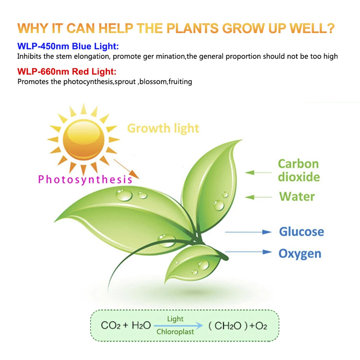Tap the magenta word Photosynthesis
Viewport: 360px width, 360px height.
(x=85, y=180)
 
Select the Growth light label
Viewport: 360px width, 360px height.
(x=163, y=129)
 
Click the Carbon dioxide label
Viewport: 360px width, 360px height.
(x=299, y=170)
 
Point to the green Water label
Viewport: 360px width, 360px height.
(x=297, y=197)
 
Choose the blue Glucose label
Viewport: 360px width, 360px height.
(x=301, y=231)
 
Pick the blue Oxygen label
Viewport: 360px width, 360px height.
(x=300, y=254)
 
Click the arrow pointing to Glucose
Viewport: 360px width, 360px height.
(x=248, y=232)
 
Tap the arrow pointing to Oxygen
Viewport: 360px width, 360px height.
(x=248, y=252)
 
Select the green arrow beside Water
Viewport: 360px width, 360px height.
(x=258, y=197)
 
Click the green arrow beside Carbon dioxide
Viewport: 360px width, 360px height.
(x=258, y=172)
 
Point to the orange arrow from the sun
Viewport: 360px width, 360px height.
(x=126, y=169)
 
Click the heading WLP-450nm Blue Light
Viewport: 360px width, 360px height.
(x=68, y=46)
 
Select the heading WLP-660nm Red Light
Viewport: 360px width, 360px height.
(x=67, y=71)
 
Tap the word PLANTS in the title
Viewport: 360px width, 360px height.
(x=192, y=28)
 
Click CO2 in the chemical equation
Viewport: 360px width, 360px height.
(x=111, y=325)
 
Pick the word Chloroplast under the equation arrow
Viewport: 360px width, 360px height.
(x=175, y=332)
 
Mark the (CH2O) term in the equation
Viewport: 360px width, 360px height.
(x=228, y=326)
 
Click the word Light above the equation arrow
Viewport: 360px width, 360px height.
(x=175, y=319)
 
